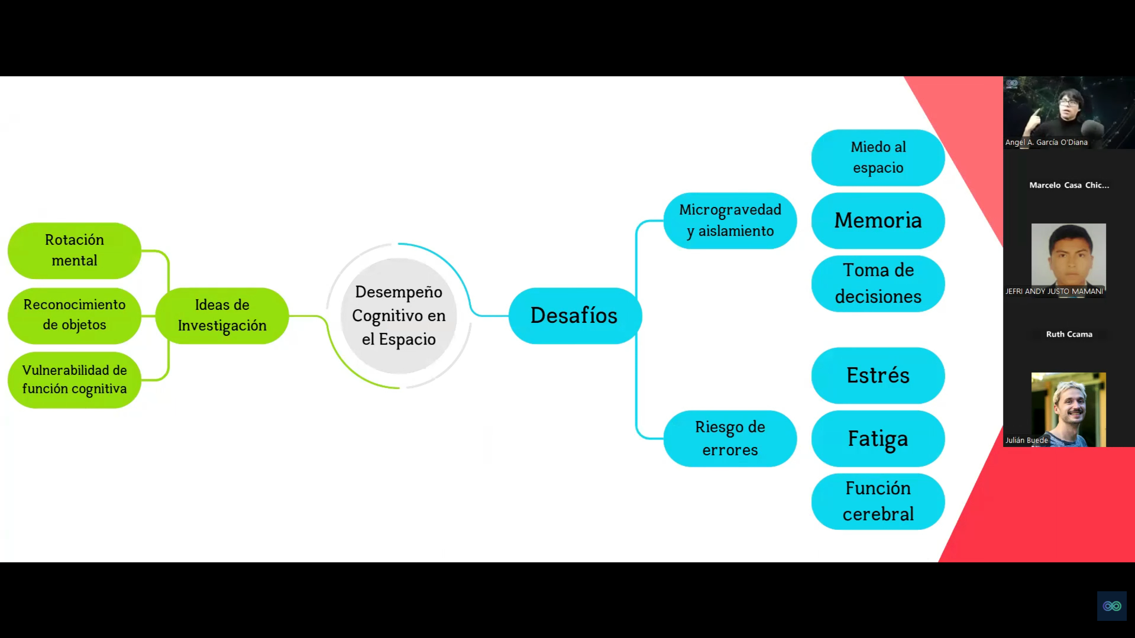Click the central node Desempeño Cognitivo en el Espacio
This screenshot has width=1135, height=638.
click(x=399, y=316)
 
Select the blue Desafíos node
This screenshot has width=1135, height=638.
click(x=574, y=316)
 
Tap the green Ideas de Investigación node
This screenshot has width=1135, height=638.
click(x=222, y=316)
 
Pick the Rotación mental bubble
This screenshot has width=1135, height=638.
click(x=75, y=250)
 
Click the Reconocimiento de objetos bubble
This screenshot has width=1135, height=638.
click(x=75, y=315)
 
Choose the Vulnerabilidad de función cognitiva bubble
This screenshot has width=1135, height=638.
click(x=75, y=380)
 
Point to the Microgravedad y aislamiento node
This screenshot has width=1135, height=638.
click(x=730, y=221)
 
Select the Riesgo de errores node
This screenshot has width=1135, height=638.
click(x=730, y=438)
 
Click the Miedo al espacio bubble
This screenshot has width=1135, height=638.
click(x=878, y=157)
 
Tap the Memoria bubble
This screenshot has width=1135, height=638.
click(x=878, y=221)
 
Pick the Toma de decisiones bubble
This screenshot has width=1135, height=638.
click(x=878, y=283)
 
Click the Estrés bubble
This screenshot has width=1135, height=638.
click(x=878, y=375)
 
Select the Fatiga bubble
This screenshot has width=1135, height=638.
click(x=878, y=438)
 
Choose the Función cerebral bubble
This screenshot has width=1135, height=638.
click(x=878, y=501)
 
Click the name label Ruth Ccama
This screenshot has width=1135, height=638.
click(x=1069, y=334)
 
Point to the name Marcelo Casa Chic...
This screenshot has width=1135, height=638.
click(x=1069, y=185)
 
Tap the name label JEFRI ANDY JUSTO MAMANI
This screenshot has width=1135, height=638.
click(x=1054, y=291)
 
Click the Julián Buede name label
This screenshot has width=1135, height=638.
click(x=1026, y=440)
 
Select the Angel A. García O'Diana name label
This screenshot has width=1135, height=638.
click(x=1046, y=142)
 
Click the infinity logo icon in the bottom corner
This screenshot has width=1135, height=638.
click(x=1112, y=606)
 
